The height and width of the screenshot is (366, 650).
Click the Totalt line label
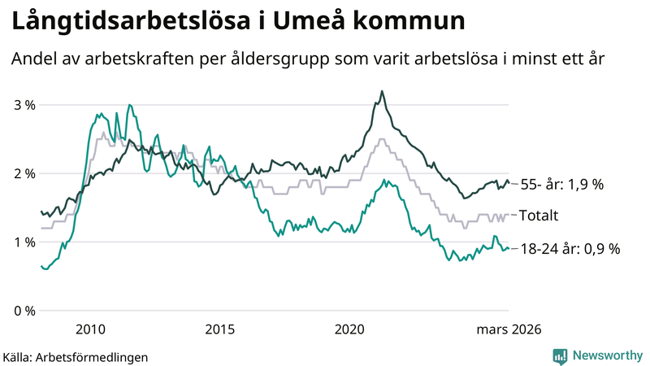click(540, 216)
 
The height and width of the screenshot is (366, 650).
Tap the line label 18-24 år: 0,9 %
click(569, 249)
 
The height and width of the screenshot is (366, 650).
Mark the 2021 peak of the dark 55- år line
click(382, 91)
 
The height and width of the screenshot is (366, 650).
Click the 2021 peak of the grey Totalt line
click(382, 139)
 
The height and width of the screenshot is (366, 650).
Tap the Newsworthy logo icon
click(560, 355)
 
